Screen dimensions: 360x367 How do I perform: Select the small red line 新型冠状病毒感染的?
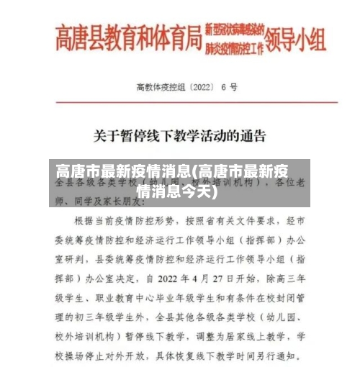(233, 30)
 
